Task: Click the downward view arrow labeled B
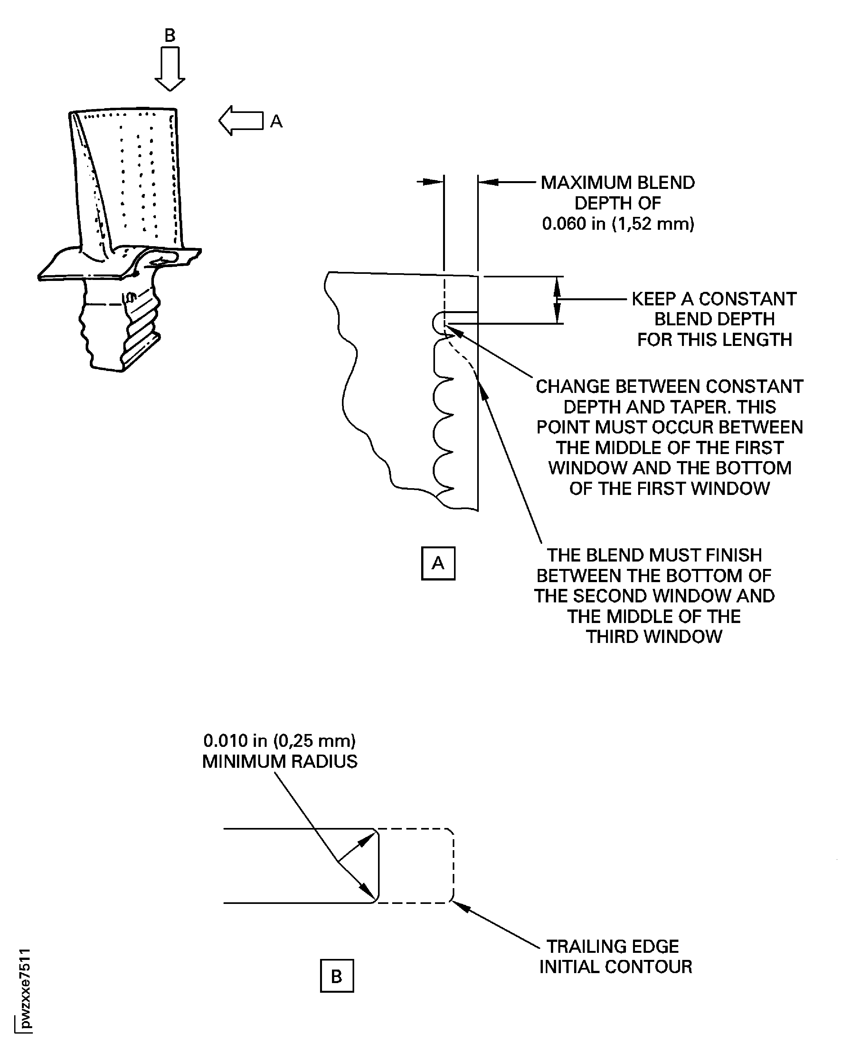point(170,69)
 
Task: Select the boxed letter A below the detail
point(438,563)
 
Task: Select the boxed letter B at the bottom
point(337,976)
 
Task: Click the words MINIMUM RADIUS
point(279,761)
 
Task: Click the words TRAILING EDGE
point(612,946)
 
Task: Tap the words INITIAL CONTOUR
point(616,967)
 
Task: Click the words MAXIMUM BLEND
point(618,183)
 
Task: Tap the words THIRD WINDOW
point(654,637)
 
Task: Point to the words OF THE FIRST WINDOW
point(670,488)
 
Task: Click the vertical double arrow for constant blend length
point(557,300)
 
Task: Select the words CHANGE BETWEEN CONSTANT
point(669,386)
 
